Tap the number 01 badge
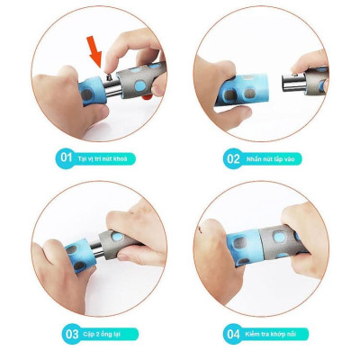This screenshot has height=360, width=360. (66, 157)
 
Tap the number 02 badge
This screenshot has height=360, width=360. (232, 158)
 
